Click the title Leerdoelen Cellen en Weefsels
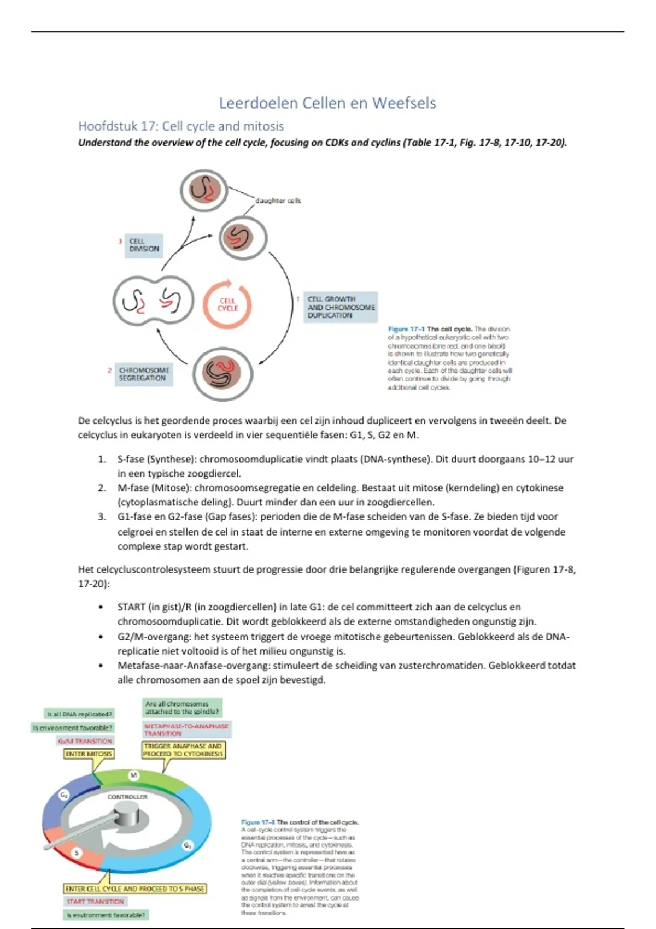[327, 103]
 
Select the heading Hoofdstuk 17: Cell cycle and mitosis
[181, 126]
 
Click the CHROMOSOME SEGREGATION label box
[144, 374]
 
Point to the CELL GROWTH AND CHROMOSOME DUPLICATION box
[341, 307]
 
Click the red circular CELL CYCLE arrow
[227, 304]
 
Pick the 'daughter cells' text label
[278, 201]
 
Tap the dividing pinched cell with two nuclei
[154, 301]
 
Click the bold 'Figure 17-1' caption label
[407, 329]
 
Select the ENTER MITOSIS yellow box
[89, 754]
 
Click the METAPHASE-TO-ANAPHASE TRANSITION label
[186, 730]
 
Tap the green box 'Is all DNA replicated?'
[80, 714]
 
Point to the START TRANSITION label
[96, 902]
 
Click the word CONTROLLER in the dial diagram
[127, 797]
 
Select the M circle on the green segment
[133, 775]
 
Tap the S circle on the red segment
[77, 852]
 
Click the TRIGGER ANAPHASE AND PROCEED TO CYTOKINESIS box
[183, 750]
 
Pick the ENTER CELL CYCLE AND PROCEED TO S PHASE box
[134, 889]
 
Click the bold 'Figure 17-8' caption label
[258, 822]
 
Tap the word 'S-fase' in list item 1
[131, 459]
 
